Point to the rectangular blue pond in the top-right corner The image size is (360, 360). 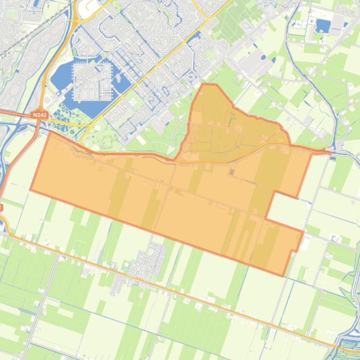tap(323, 25)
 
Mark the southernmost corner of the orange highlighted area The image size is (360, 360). tap(283, 275)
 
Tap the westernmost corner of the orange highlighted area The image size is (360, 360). tap(31, 190)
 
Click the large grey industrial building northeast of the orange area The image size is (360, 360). tap(253, 63)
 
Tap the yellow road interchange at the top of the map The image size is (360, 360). tap(75, 21)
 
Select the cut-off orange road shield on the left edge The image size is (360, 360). tap(1, 207)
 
